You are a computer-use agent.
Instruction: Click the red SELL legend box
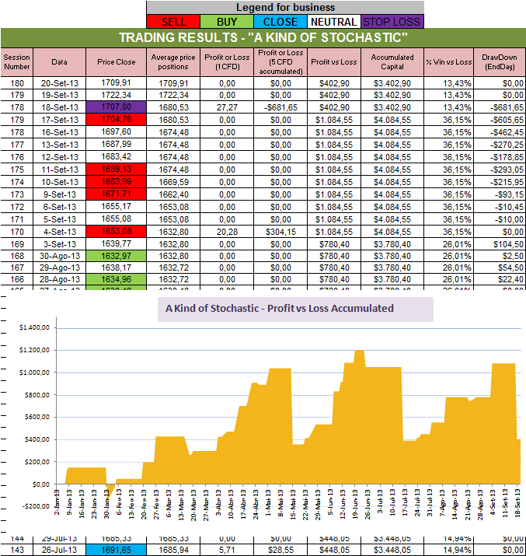[x=174, y=22]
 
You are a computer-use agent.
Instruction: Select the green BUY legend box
[x=226, y=22]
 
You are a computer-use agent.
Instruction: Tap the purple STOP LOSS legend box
[x=392, y=22]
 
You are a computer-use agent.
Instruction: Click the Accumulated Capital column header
[x=392, y=61]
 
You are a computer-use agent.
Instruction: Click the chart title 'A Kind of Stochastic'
[x=280, y=308]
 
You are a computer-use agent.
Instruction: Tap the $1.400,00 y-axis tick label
[x=29, y=327]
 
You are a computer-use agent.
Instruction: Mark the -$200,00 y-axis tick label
[x=28, y=506]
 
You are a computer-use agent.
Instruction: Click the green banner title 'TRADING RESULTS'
[x=263, y=38]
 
